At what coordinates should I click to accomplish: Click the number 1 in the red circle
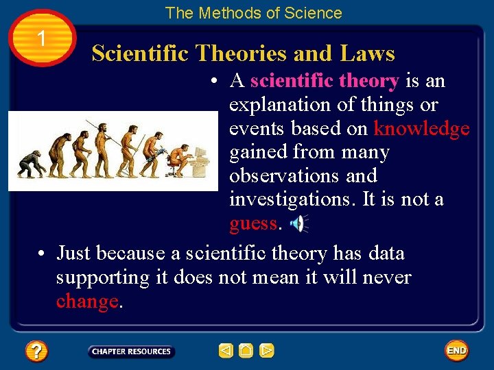(x=42, y=38)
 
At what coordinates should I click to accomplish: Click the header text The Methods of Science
(x=253, y=13)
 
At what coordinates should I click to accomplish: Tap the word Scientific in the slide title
(x=140, y=53)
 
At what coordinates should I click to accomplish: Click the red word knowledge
(x=421, y=128)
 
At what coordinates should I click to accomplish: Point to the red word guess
(x=253, y=223)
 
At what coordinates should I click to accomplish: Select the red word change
(x=87, y=302)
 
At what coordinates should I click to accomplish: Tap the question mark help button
(x=36, y=351)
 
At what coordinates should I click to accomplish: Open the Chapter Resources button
(x=131, y=351)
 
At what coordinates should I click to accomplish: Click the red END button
(x=456, y=351)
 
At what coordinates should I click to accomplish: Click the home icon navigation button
(x=246, y=351)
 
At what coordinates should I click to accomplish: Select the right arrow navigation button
(x=267, y=351)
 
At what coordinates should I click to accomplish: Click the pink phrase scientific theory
(x=324, y=81)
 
